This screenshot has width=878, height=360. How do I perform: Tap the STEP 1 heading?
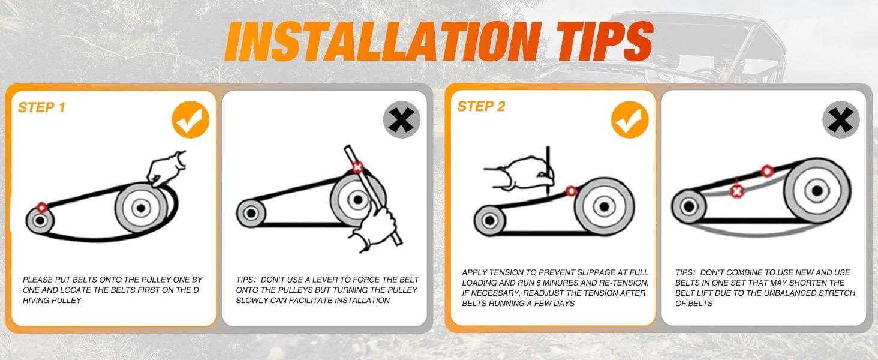[x=41, y=107]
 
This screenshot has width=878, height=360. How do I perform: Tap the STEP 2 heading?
[x=481, y=106]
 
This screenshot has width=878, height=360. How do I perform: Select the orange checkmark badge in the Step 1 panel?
[x=191, y=119]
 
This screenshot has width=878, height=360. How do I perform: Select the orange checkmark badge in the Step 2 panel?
[x=630, y=119]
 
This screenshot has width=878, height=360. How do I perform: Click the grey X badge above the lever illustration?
[x=402, y=119]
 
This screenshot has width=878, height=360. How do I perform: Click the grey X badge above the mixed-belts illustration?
[x=841, y=119]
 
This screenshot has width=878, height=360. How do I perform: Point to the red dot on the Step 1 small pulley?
[x=42, y=207]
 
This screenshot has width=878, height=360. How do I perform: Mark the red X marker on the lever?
[x=357, y=167]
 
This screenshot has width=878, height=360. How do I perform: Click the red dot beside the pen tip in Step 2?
[x=572, y=191]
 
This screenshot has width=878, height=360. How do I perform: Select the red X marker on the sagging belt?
[x=737, y=191]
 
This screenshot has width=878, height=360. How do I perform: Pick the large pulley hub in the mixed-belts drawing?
[x=817, y=191]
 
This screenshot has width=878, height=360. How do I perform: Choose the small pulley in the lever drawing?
[x=251, y=213]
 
